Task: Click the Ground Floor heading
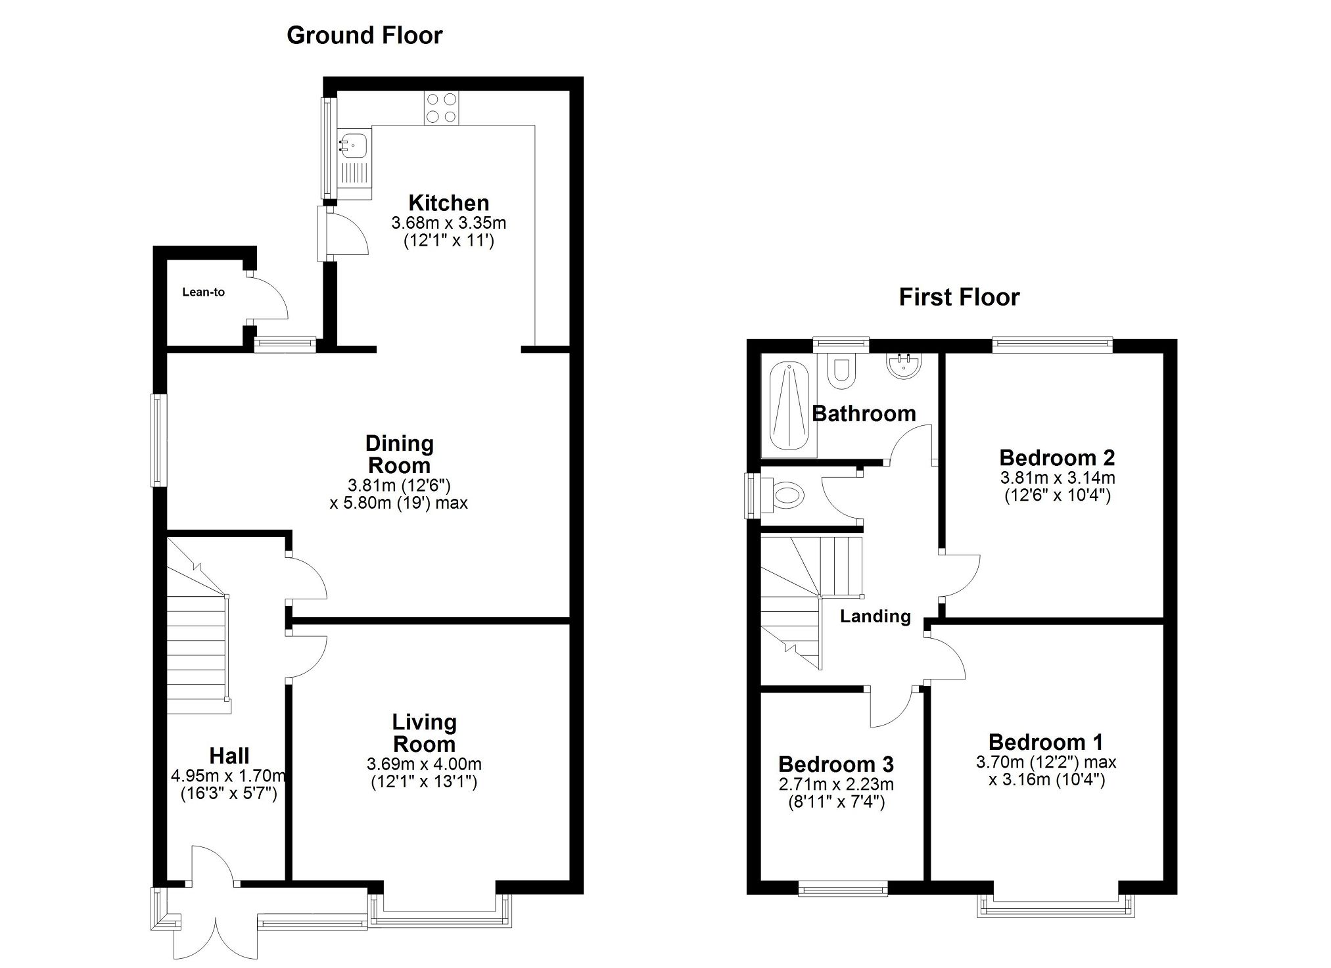tap(364, 35)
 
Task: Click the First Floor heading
tap(958, 297)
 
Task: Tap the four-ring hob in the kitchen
tap(441, 108)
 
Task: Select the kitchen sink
tap(354, 143)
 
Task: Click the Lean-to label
tap(203, 292)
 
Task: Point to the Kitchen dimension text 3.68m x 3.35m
tap(448, 223)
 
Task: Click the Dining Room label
tap(399, 454)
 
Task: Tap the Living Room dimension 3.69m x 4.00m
tap(424, 764)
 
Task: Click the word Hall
tap(229, 756)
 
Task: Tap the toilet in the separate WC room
tap(786, 495)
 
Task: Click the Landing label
tap(875, 616)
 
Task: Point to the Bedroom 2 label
tap(1056, 457)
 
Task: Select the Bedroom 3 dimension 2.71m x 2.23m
tap(835, 784)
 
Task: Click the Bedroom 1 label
tap(1045, 742)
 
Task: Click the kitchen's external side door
tap(326, 233)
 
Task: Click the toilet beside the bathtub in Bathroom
tap(841, 372)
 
